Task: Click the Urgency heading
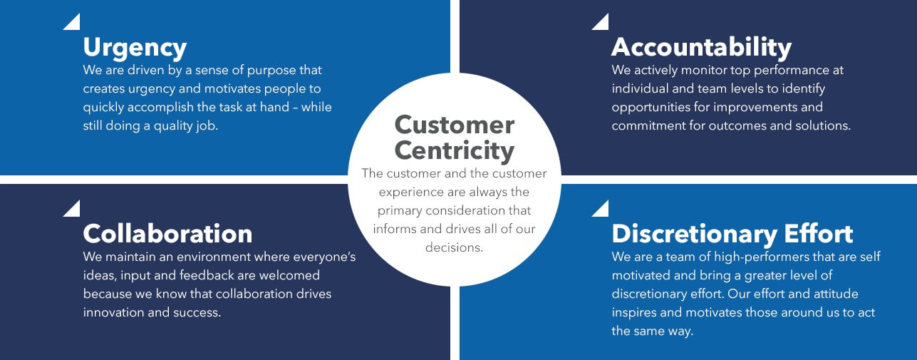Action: pos(135,48)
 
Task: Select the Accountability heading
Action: pos(701,48)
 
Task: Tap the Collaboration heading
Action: pos(167,234)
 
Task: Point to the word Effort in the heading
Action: pos(819,233)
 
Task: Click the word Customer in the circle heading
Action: pos(455,125)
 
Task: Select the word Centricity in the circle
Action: pos(455,151)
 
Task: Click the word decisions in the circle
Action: pos(454,247)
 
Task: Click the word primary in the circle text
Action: pos(400,211)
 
